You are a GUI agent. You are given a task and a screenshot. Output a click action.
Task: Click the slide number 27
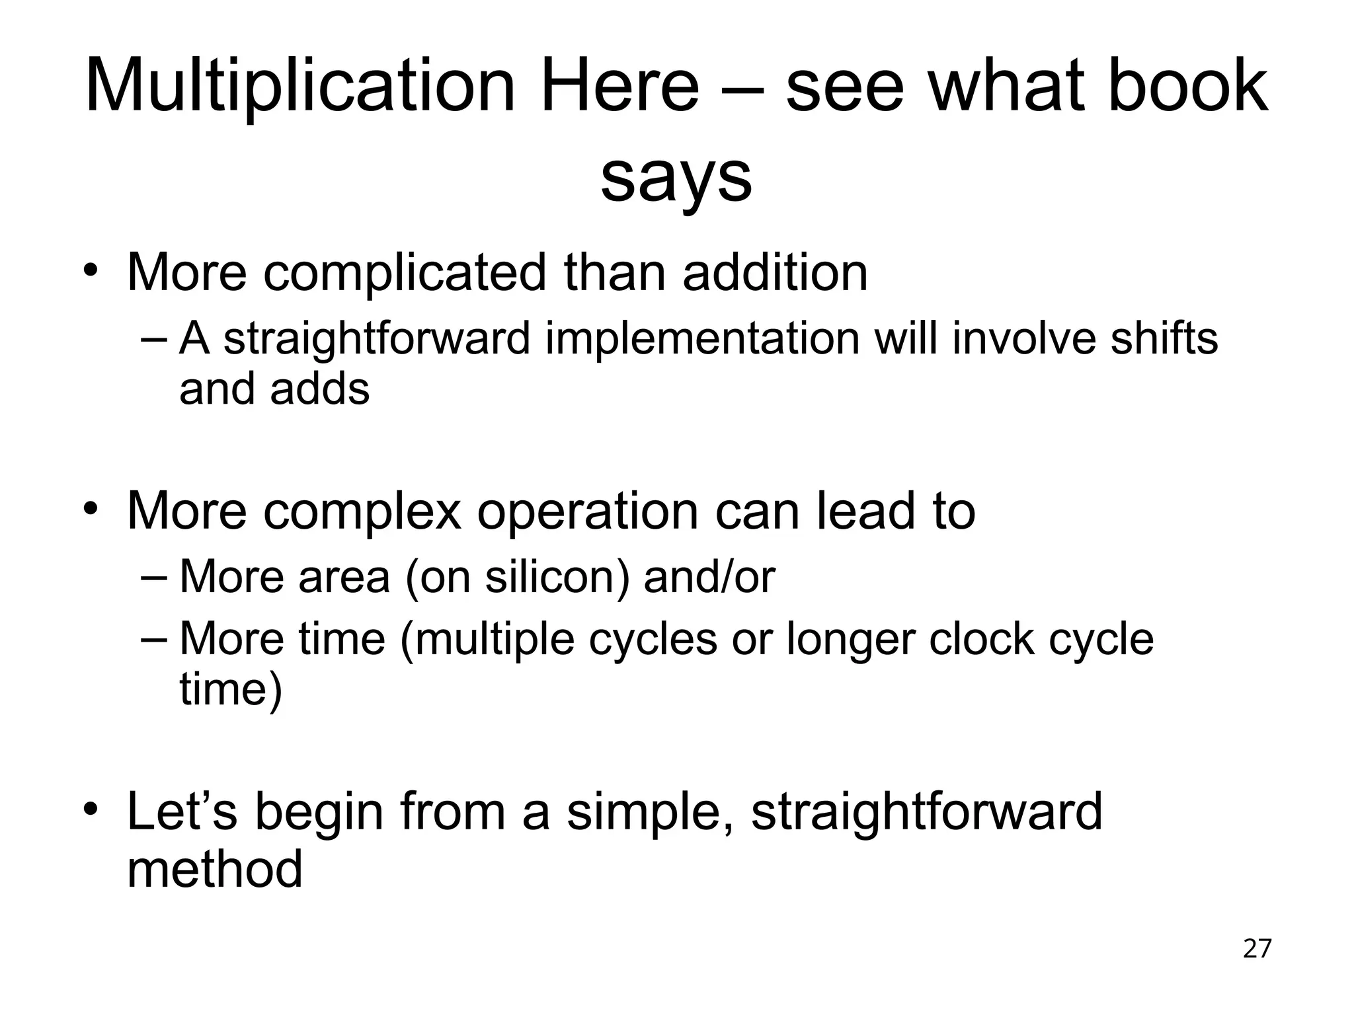1257,949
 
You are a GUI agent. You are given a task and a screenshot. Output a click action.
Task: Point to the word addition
775,272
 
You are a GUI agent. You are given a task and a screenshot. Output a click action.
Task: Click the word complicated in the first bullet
404,272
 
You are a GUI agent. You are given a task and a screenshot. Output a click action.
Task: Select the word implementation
702,338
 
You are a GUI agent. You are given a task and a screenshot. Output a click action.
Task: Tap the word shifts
1163,338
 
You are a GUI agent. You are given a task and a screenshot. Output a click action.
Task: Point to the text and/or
709,577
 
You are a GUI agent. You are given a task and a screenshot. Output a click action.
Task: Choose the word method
214,869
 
